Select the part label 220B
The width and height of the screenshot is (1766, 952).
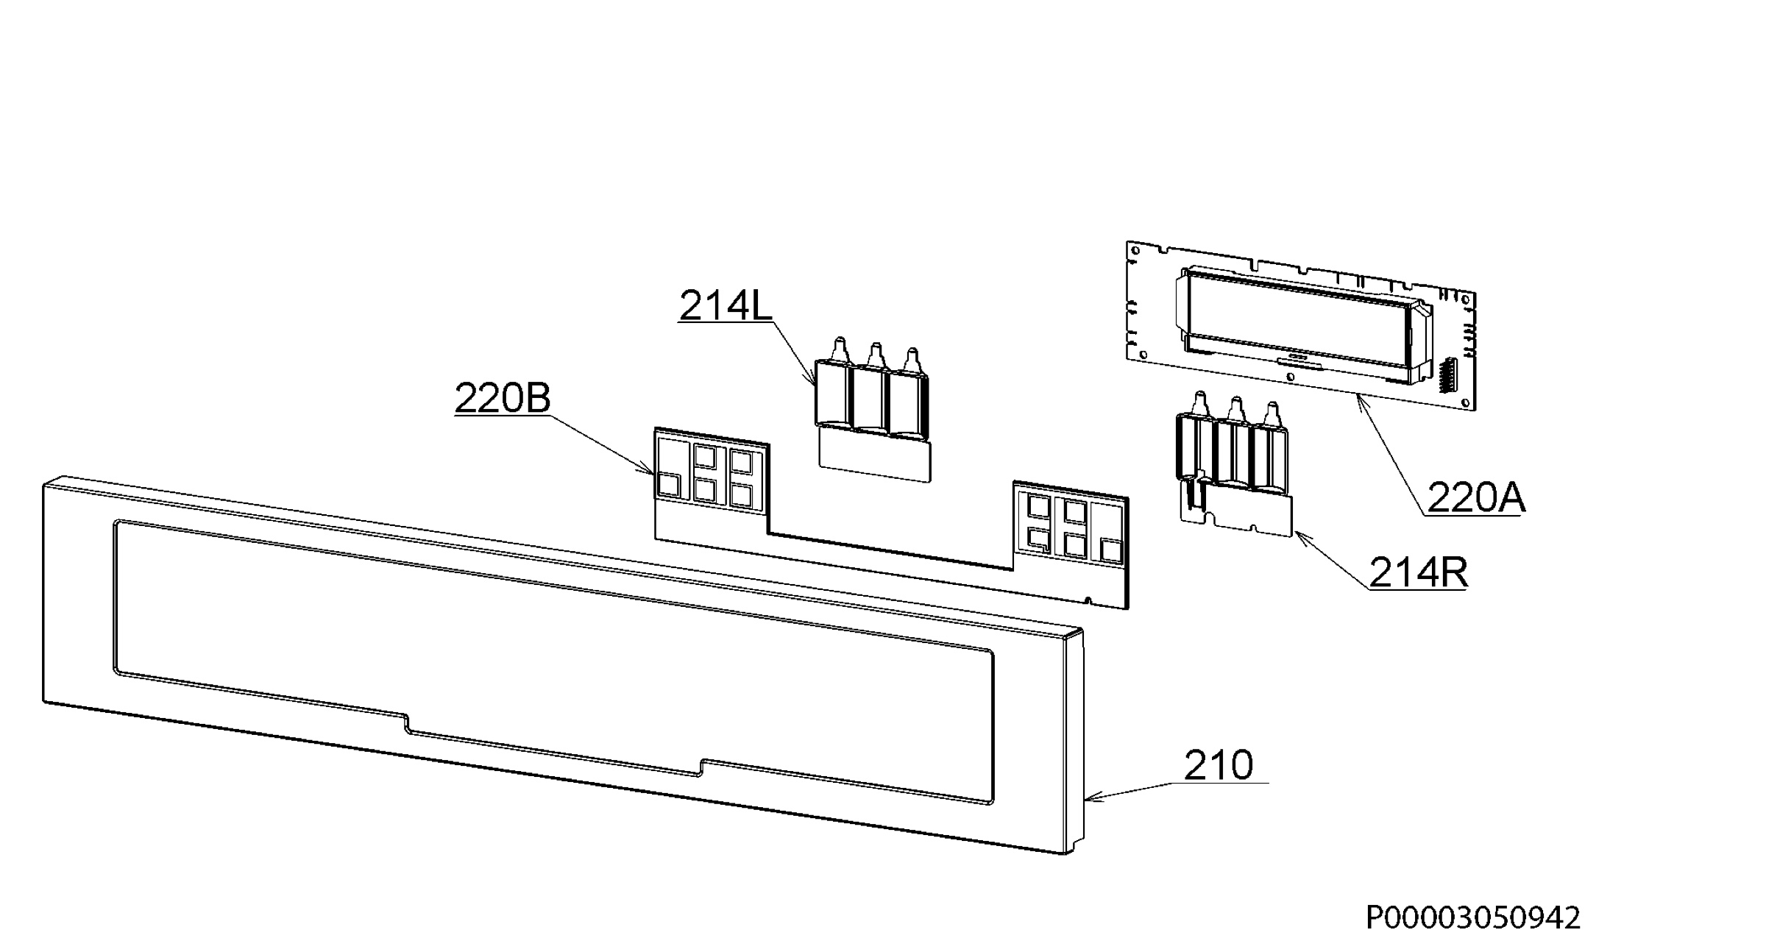click(x=503, y=398)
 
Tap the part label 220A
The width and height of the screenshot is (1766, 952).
click(x=1476, y=498)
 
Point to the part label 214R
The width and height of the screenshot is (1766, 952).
click(x=1418, y=572)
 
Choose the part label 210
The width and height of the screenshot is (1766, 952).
click(x=1219, y=765)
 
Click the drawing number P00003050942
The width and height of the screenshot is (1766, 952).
click(x=1473, y=917)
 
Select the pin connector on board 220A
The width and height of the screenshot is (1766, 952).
click(x=1446, y=375)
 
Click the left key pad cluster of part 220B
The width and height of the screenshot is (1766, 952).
click(x=711, y=474)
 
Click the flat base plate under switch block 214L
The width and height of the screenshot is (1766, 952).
click(x=874, y=456)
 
